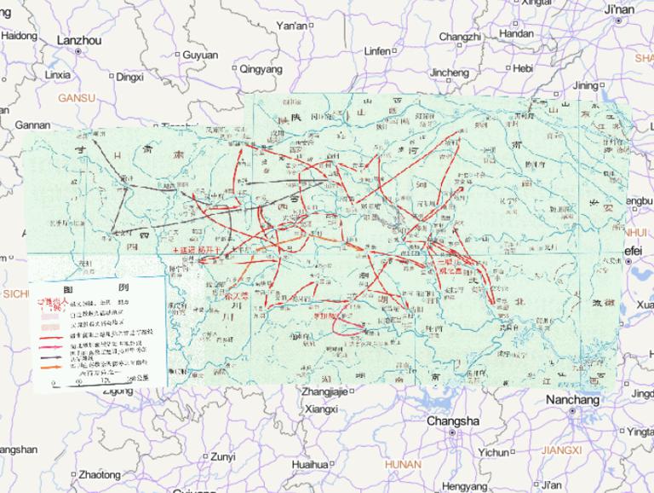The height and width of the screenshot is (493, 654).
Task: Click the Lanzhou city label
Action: pos(78,40)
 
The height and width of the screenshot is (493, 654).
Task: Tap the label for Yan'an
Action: pos(292,26)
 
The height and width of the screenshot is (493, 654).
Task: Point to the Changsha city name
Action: pos(452,421)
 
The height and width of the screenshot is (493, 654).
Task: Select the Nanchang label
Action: pos(573,400)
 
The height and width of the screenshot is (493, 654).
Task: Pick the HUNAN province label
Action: pos(403,465)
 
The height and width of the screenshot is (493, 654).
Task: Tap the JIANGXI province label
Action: pos(560,449)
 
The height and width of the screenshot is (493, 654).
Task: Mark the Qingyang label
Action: pos(261,68)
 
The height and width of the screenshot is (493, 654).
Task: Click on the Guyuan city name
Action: pos(200,55)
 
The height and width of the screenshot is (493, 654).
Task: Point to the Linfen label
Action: pos(376,51)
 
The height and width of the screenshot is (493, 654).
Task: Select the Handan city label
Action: pos(516,34)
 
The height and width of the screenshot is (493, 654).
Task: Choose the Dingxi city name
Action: pos(129,77)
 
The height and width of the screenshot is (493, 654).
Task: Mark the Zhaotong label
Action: pos(99,474)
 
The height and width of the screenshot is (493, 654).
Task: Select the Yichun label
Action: pos(493,452)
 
